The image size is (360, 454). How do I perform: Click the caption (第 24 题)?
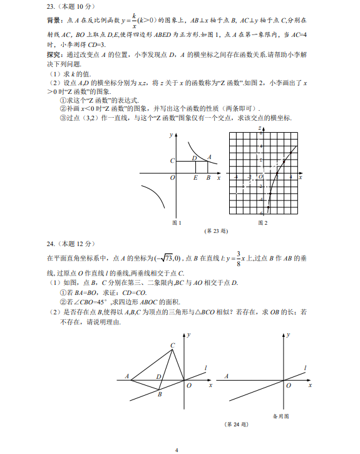(x=237, y=424)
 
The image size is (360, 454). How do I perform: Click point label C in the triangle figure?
(x=173, y=346)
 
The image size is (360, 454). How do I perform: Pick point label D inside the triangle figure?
(x=158, y=377)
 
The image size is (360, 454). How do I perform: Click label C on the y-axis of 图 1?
(x=172, y=161)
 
